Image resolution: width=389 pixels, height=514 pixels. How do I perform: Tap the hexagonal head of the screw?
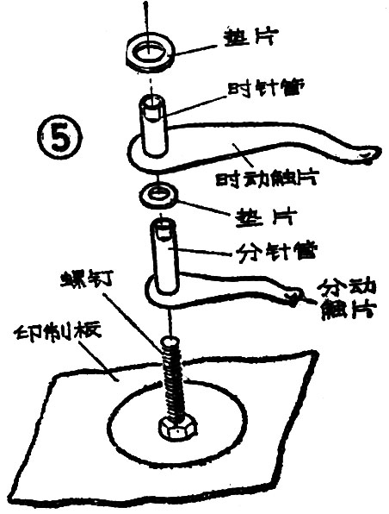(x=169, y=428)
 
